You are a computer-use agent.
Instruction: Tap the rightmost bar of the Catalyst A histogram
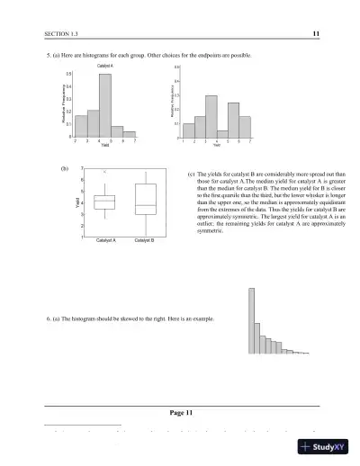pos(130,134)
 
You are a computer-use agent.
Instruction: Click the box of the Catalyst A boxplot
pos(104,202)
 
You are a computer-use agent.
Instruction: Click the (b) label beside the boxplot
pos(64,168)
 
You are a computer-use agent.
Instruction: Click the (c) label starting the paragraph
pos(190,175)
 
